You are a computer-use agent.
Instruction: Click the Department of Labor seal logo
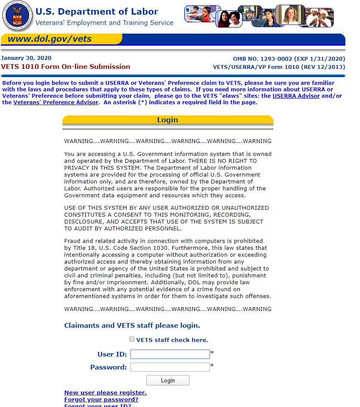[17, 16]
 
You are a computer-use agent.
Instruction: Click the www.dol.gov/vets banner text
[50, 39]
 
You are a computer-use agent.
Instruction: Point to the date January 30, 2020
[26, 58]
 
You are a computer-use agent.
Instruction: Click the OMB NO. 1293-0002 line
[289, 59]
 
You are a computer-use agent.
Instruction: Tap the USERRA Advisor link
[296, 96]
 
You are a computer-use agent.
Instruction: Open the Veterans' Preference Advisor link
[56, 103]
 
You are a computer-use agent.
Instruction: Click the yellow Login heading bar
[168, 120]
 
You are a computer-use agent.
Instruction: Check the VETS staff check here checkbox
[132, 339]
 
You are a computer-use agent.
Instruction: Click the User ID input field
[170, 354]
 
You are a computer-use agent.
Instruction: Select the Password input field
[170, 367]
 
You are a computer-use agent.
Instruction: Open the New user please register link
[106, 392]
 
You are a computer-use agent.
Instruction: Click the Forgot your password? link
[101, 399]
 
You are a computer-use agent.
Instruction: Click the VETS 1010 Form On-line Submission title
[65, 67]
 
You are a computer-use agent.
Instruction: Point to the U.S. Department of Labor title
[96, 12]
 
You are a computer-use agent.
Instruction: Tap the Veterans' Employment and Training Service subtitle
[104, 23]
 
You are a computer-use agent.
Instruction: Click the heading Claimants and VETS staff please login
[132, 326]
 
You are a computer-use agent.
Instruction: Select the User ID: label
[112, 354]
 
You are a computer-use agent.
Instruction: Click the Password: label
[109, 367]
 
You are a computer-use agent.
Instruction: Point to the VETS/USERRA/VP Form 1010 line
[279, 67]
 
